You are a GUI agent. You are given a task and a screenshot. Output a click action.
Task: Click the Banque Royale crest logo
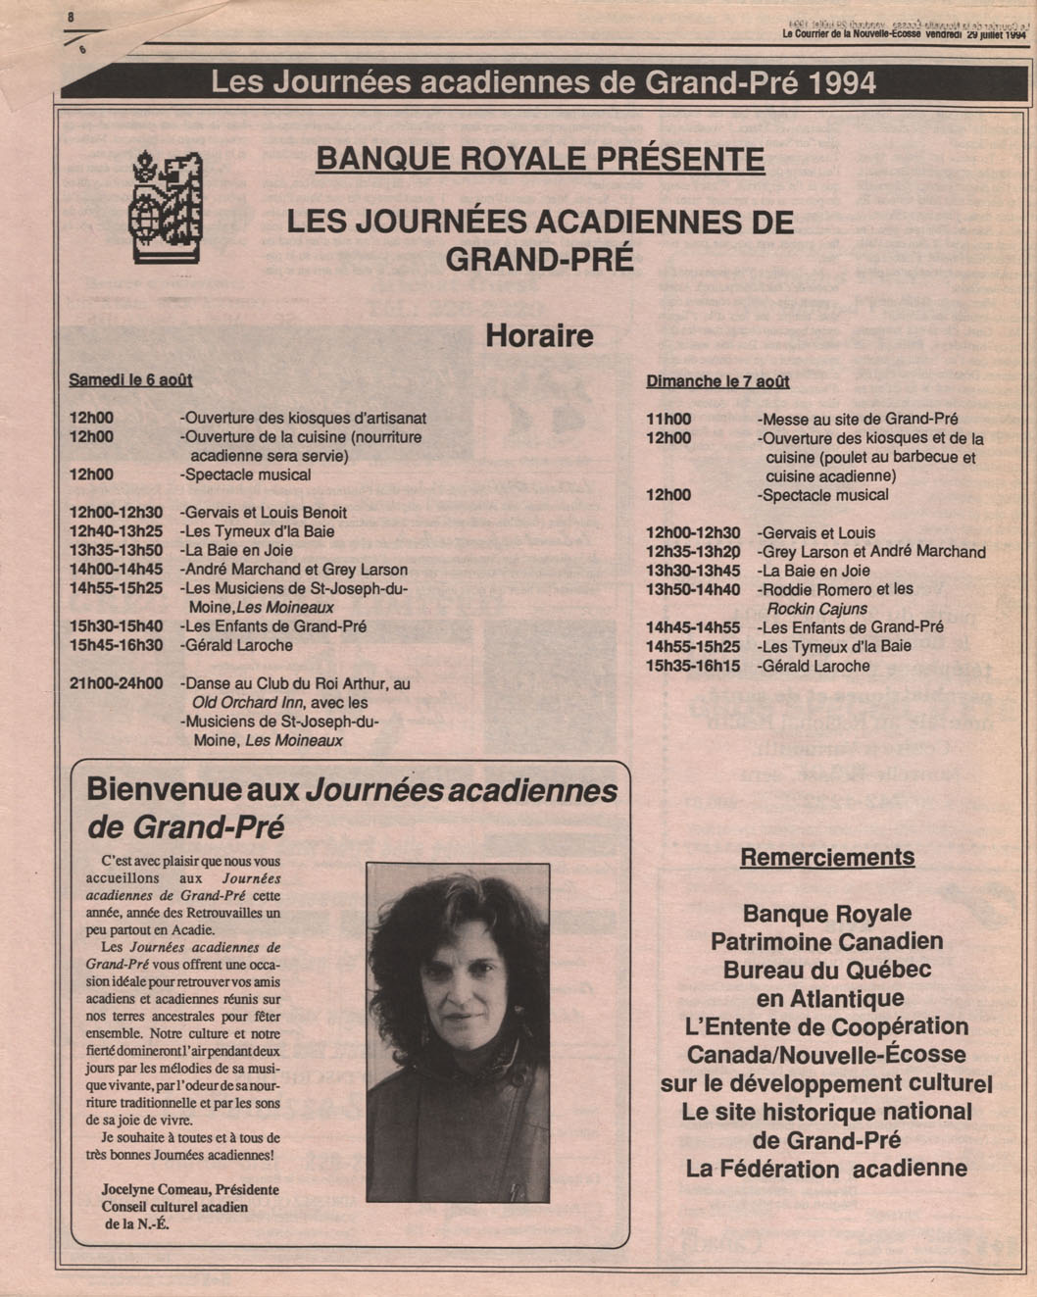tap(166, 207)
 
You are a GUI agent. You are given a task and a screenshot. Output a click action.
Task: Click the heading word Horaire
tap(539, 336)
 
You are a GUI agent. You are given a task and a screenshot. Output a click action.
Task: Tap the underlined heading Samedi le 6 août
tap(130, 379)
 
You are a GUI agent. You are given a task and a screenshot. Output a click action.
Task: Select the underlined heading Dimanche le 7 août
tap(717, 381)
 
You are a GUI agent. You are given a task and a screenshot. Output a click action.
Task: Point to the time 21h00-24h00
tap(117, 683)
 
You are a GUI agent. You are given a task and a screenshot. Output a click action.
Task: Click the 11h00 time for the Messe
tap(668, 419)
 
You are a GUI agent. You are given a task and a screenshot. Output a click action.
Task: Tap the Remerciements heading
tap(827, 858)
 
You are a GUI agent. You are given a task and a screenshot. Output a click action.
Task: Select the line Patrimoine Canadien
tap(827, 942)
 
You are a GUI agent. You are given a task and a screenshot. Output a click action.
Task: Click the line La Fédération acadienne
tap(826, 1169)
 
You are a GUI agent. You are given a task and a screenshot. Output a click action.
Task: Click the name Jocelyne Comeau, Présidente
tap(190, 1189)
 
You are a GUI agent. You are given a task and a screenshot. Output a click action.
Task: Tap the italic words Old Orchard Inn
tap(247, 702)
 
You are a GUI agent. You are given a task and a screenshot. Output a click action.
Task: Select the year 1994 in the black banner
tap(844, 82)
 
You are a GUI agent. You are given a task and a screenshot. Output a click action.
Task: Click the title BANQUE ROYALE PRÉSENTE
tap(539, 159)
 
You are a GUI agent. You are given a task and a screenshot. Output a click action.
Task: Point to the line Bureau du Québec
tap(827, 971)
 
